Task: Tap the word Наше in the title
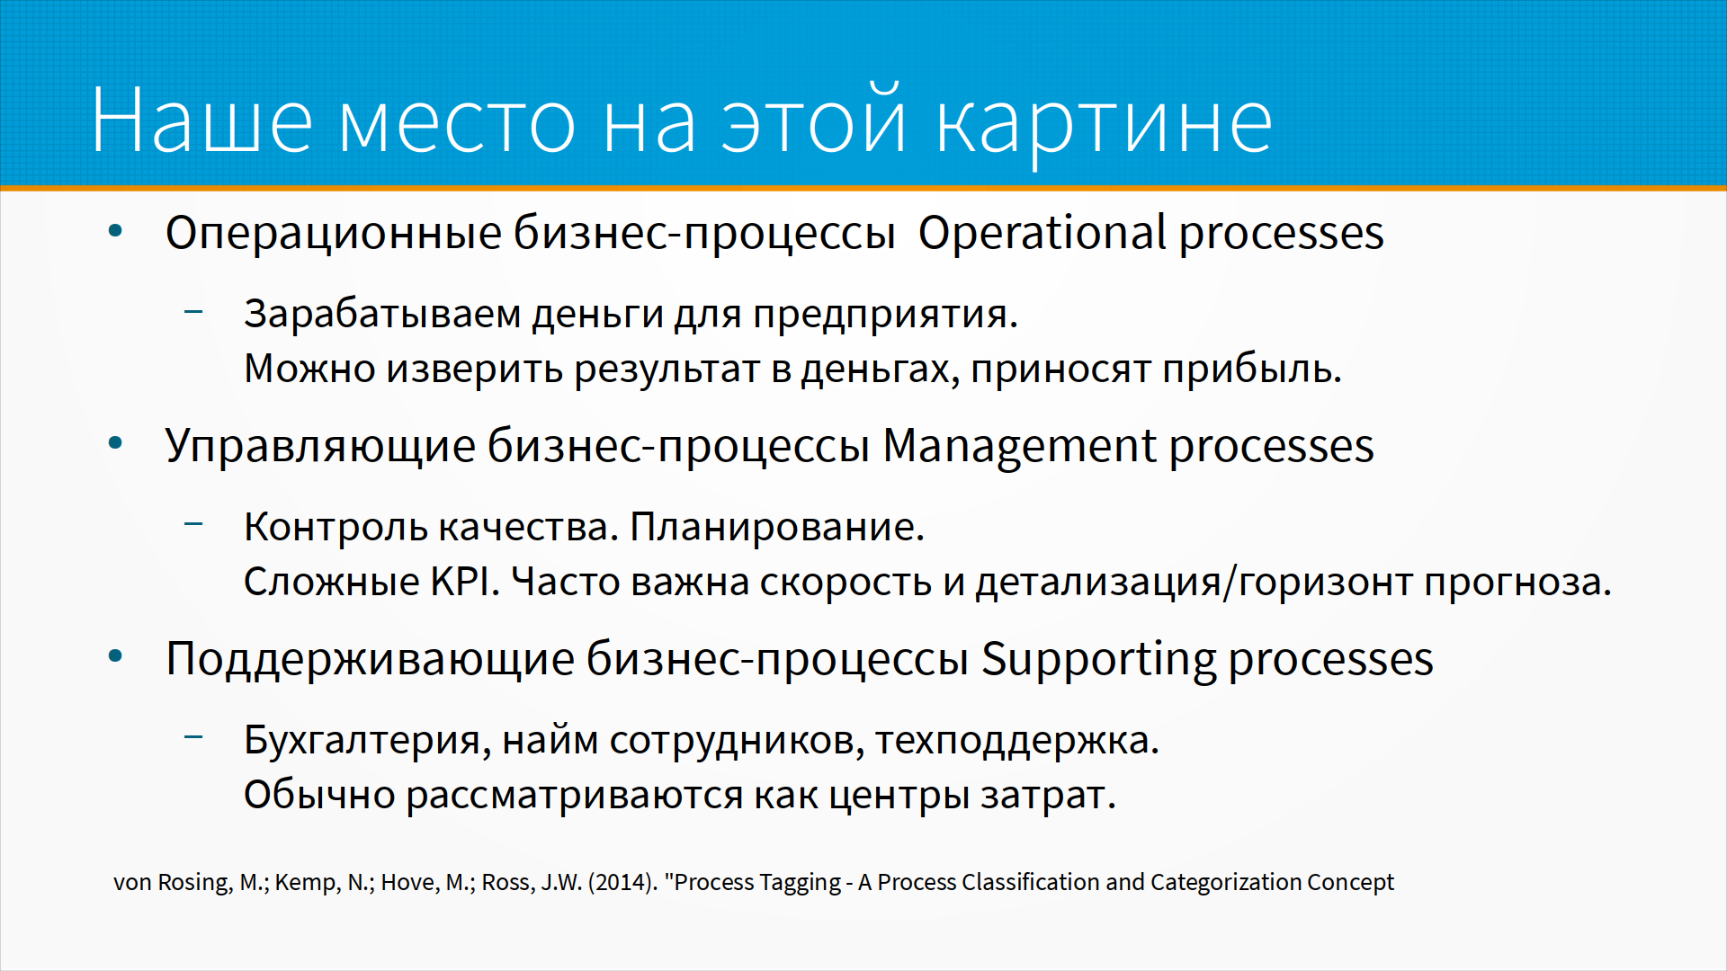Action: coord(201,120)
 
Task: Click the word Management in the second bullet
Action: coord(1019,446)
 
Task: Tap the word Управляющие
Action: coord(320,447)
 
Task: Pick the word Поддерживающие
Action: coord(370,660)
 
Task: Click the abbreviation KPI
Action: coord(464,582)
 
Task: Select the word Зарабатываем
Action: coord(382,315)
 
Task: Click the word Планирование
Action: coord(776,527)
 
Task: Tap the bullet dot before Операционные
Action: coord(115,232)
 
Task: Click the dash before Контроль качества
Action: coord(193,524)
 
